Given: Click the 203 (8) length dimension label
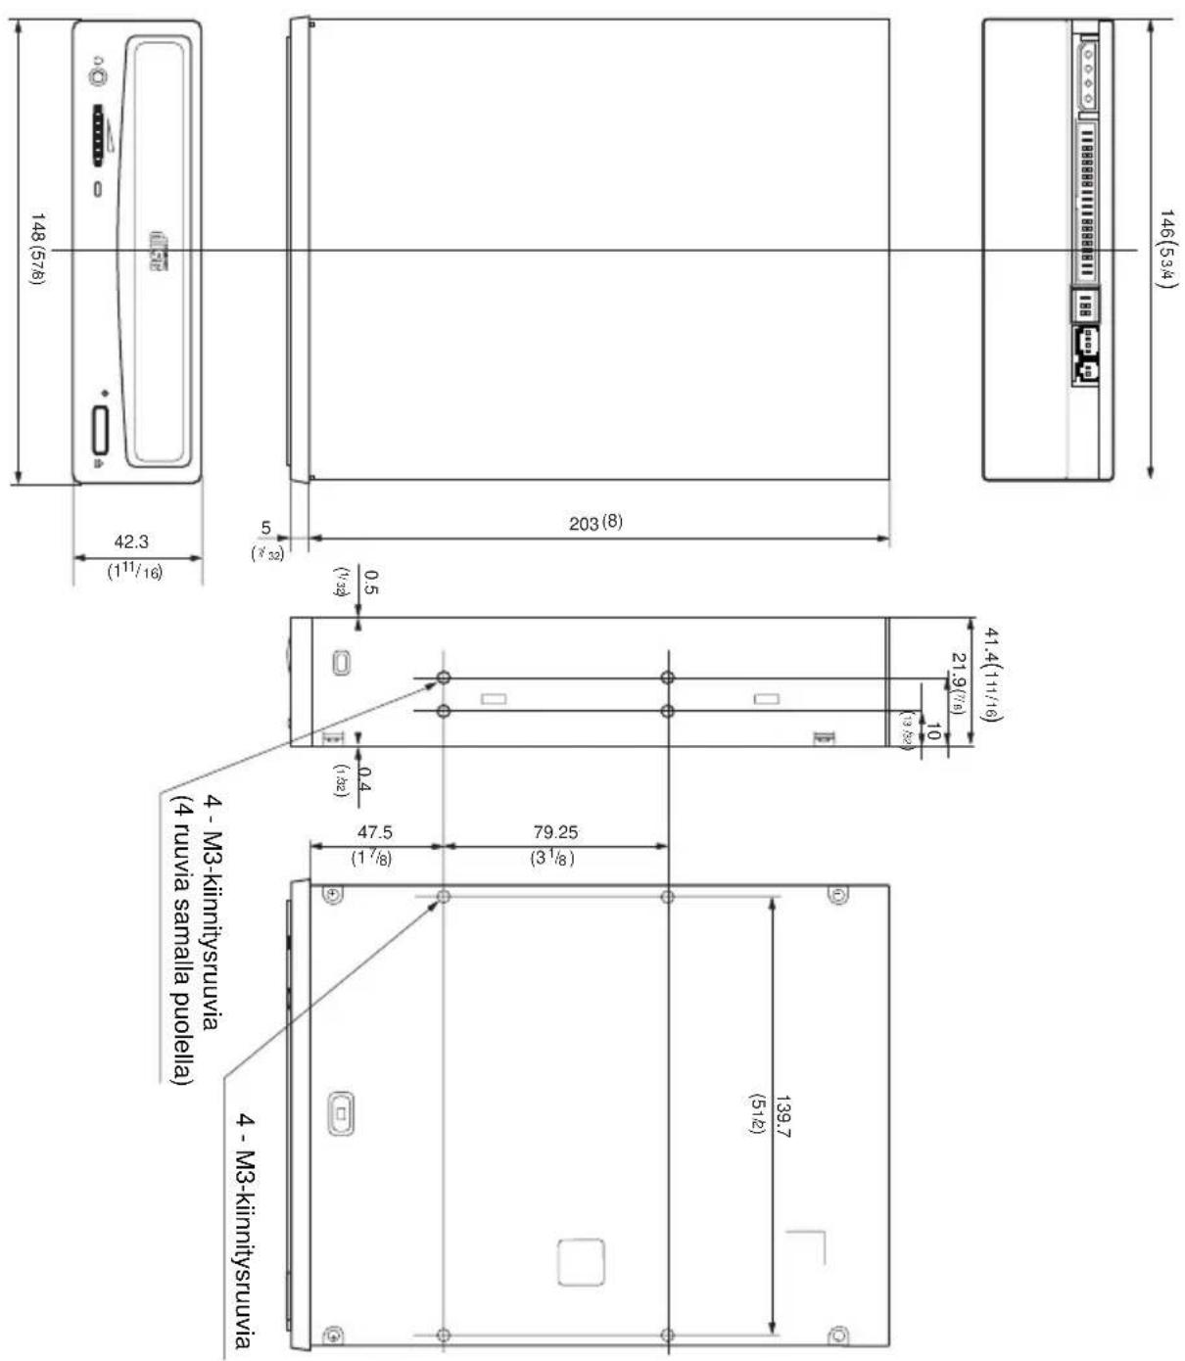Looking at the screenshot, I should [595, 523].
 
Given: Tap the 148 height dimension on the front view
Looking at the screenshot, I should [37, 250].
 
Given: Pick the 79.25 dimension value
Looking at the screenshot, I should [555, 832].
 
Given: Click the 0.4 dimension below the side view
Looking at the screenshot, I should [364, 778].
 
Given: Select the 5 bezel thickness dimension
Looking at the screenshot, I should [265, 529].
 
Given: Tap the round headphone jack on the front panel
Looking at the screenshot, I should [96, 73].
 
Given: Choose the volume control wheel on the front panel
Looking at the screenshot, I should [99, 136].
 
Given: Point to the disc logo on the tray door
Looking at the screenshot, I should [159, 251].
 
